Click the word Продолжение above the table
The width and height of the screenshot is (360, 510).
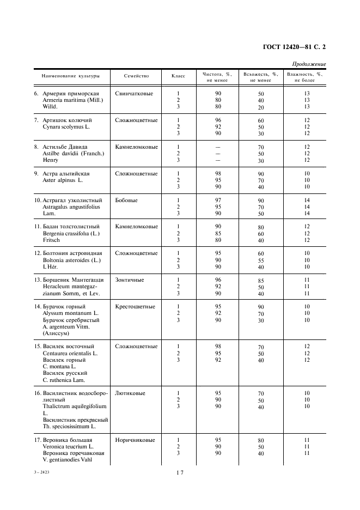pyautogui.click(x=309, y=64)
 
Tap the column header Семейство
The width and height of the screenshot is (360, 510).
pyautogui.click(x=136, y=76)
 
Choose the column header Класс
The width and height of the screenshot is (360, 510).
pyautogui.click(x=178, y=76)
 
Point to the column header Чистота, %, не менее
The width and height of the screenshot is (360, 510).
pyautogui.click(x=217, y=77)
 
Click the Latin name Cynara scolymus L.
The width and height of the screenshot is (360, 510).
pyautogui.click(x=67, y=126)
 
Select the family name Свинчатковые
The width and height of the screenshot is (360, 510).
pyautogui.click(x=134, y=93)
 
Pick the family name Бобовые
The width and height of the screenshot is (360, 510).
pyautogui.click(x=126, y=200)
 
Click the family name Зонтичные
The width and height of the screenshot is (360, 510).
pyautogui.click(x=130, y=280)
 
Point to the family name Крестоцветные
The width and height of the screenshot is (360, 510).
pyautogui.click(x=135, y=306)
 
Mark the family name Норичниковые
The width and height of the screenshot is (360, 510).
pyautogui.click(x=135, y=440)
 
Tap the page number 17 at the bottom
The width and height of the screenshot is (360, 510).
pyautogui.click(x=180, y=473)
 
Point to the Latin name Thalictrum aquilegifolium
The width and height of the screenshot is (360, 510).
pyautogui.click(x=74, y=406)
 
